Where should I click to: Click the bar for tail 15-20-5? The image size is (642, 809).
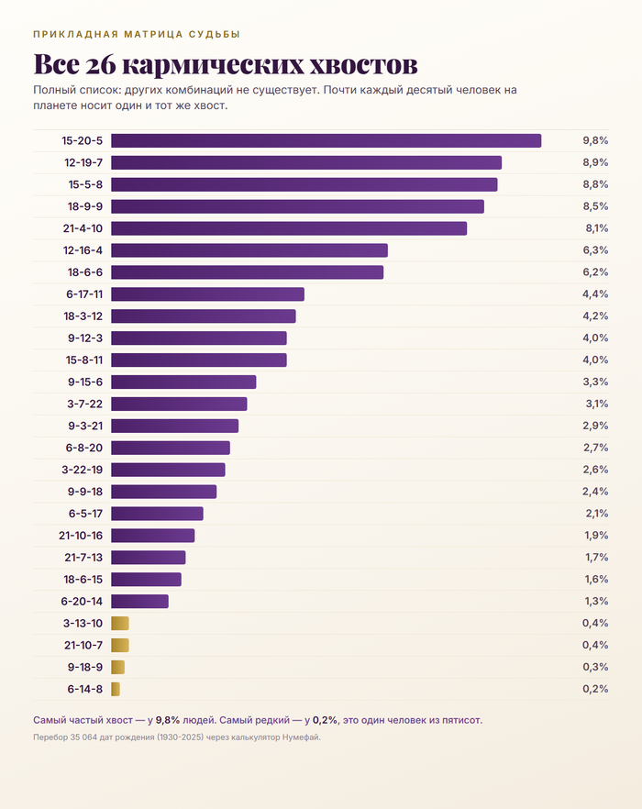point(327,141)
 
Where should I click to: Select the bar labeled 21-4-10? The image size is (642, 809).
point(289,228)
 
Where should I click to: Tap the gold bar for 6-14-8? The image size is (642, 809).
point(116,690)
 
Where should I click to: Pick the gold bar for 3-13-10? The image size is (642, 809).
point(120,624)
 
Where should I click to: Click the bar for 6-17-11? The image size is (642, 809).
point(208,294)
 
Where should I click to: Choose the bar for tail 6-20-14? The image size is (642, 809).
point(139,602)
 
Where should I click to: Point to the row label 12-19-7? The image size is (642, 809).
point(83,162)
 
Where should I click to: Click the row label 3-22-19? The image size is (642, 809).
point(82,470)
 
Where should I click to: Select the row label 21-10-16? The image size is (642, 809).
point(81,536)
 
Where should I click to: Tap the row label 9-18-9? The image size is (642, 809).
point(85,667)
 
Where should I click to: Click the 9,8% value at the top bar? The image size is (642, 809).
point(595,140)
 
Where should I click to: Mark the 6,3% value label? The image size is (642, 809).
point(595,250)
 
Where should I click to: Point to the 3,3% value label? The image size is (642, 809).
point(595,382)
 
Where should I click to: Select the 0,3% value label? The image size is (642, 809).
point(595,667)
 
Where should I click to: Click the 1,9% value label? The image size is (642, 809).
point(596,536)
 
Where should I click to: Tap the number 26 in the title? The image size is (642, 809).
point(101,64)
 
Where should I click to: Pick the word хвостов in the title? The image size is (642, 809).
point(363,65)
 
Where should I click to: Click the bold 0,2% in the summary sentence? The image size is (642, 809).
point(326,720)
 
